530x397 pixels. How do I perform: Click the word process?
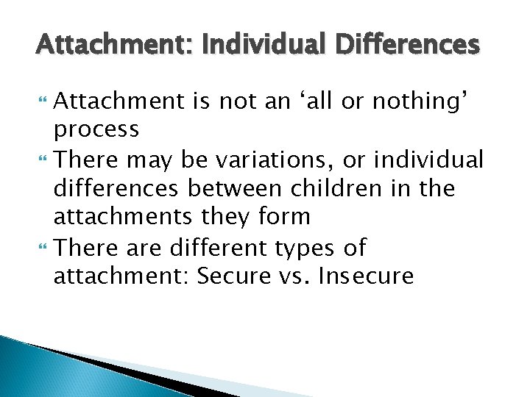(x=96, y=129)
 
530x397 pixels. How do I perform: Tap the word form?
(x=285, y=218)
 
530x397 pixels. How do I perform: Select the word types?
(x=302, y=247)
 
